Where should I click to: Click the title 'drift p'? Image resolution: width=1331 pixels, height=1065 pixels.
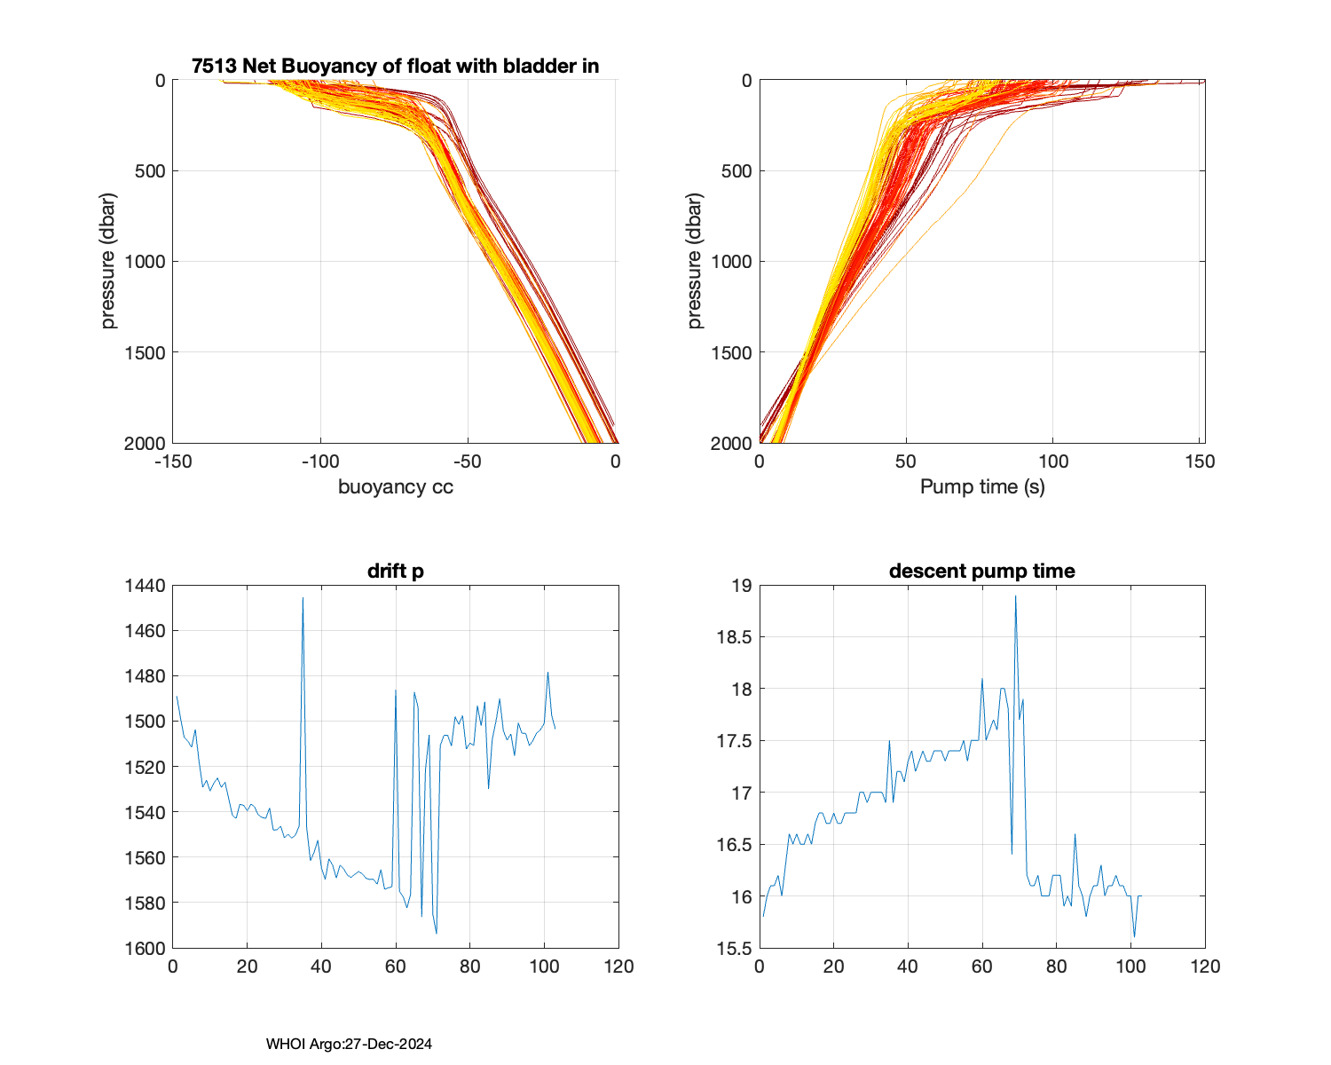click(x=395, y=572)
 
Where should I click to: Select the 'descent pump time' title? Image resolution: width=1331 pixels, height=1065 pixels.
click(x=981, y=572)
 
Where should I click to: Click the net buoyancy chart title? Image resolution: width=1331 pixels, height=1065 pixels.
click(x=395, y=67)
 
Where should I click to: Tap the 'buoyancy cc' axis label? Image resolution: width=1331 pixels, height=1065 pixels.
click(x=395, y=487)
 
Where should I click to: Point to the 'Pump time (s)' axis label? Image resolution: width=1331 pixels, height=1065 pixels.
click(x=981, y=487)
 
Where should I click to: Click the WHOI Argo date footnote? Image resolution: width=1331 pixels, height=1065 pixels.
click(x=349, y=1045)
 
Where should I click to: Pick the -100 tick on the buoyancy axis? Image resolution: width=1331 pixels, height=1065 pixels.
click(x=319, y=461)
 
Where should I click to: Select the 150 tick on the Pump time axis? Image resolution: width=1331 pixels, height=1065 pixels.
click(x=1199, y=461)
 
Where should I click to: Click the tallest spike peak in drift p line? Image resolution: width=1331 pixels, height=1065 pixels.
click(x=303, y=598)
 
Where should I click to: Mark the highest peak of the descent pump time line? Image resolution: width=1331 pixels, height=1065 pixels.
click(x=1015, y=596)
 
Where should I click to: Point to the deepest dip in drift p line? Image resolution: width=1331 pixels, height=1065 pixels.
click(x=437, y=933)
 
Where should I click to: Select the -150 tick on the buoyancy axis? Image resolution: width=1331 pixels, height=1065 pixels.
click(x=172, y=461)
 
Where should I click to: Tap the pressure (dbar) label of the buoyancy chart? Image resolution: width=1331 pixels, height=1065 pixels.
click(x=108, y=261)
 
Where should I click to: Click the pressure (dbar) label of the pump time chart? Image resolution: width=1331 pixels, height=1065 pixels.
click(x=695, y=261)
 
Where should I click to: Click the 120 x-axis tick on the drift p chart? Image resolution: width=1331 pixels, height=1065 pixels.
click(x=618, y=966)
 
